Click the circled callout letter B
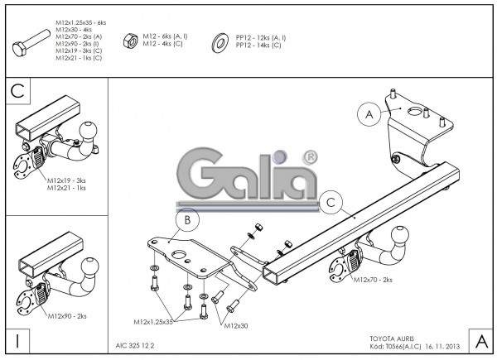187,220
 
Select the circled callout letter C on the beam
331,201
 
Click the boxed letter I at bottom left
17,340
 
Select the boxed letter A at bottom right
479,340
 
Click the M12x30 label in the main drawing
236,326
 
